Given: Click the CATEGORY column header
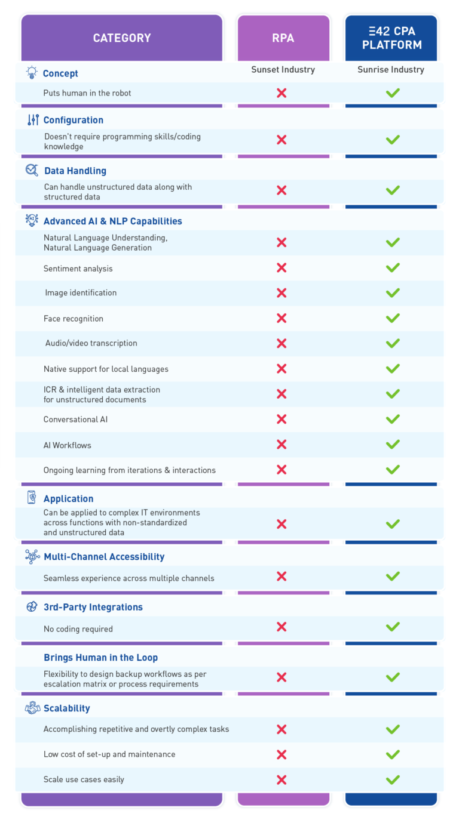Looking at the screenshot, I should [122, 38].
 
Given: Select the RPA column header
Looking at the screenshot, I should [283, 38].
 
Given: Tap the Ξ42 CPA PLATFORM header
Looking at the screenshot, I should [391, 38].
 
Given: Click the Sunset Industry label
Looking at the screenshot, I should [283, 70].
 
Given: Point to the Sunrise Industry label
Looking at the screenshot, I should [391, 70].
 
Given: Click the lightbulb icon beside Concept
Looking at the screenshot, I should [32, 73].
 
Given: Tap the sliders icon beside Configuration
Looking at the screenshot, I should [33, 120].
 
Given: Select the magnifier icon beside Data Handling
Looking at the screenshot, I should [32, 171].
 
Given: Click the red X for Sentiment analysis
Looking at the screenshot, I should [281, 268].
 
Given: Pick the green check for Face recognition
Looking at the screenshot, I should [393, 318].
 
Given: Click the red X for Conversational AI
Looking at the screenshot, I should [281, 419].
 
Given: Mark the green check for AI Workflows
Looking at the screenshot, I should [393, 445].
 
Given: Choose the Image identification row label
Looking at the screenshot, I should [81, 293].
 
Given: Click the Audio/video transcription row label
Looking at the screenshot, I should [91, 343].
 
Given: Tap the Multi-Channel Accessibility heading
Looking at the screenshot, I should [104, 557].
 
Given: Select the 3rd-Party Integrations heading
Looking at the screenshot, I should [93, 607].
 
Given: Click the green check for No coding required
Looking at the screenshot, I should [393, 627].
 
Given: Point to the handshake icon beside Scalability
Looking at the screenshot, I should [32, 708].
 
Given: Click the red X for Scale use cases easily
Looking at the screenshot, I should [281, 779].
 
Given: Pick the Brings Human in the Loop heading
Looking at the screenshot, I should [100, 658].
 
